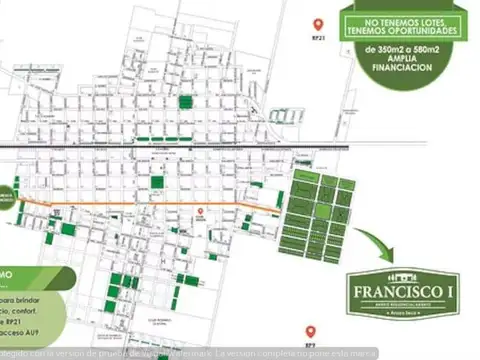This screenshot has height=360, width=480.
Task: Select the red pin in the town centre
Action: (x=200, y=211)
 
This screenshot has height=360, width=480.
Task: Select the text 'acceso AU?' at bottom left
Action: (x=30, y=337)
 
